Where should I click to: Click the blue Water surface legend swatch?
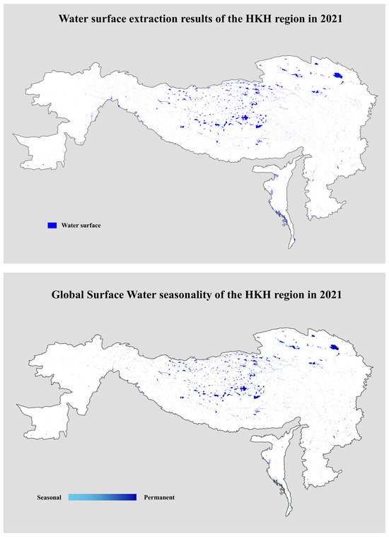coord(52,225)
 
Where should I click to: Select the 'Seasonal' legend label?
coord(50,497)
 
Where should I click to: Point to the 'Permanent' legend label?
coord(158,497)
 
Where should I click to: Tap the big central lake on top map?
coord(244,118)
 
